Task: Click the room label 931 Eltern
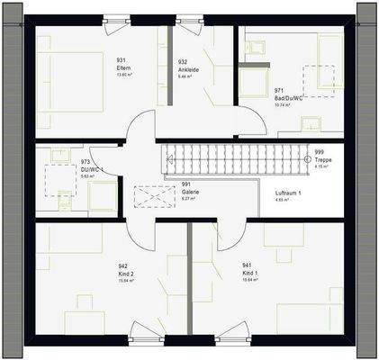121,67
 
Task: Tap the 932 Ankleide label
188,67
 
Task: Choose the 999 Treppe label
324,159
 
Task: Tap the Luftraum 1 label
288,195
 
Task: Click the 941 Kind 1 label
249,273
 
